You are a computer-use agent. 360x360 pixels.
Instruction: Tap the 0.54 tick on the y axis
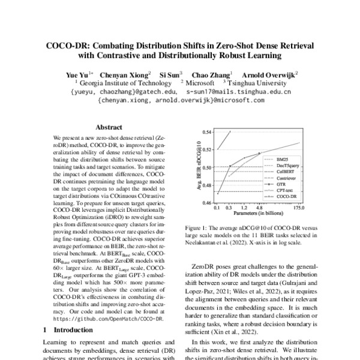click(x=207, y=131)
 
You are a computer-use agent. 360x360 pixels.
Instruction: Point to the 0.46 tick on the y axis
click(x=207, y=203)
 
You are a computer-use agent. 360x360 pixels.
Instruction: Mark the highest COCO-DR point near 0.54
click(x=231, y=131)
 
